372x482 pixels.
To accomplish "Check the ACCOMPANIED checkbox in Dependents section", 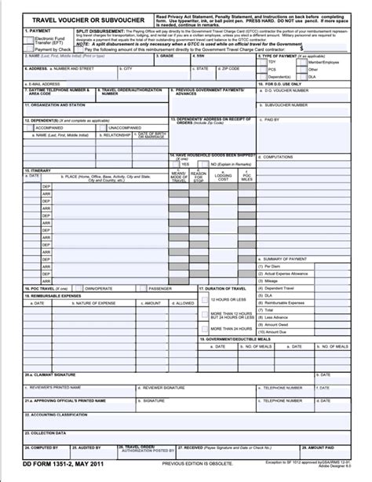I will point(30,127).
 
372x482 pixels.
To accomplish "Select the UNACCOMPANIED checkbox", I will point(82,127).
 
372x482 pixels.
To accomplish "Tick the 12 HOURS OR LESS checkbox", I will point(206,300).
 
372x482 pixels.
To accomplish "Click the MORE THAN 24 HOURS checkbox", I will point(206,329).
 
